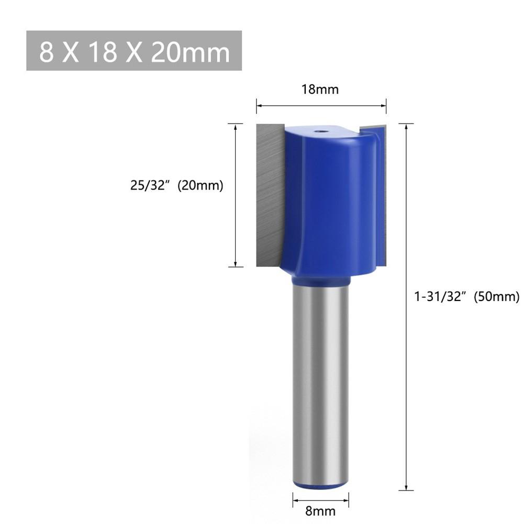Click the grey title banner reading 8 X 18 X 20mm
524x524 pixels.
pos(134,50)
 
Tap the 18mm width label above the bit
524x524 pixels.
pos(320,90)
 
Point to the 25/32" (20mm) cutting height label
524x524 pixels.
pos(176,185)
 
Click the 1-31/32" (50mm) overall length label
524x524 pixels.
pos(467,296)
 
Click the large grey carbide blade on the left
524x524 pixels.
pos(270,195)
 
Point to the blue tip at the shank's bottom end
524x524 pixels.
pos(320,487)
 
